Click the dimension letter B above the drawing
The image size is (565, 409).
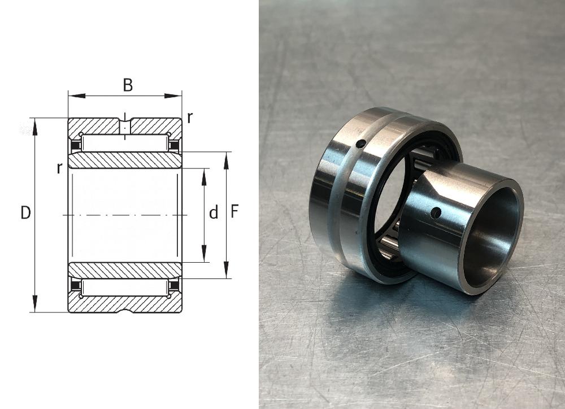pos(128,85)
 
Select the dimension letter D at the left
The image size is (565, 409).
pos(25,212)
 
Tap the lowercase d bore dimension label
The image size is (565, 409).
pos(214,212)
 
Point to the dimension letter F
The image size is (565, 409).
pos(234,211)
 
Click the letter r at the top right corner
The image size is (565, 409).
pos(190,117)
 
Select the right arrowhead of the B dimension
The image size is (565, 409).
pos(173,96)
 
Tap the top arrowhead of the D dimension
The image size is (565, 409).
pos(35,127)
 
